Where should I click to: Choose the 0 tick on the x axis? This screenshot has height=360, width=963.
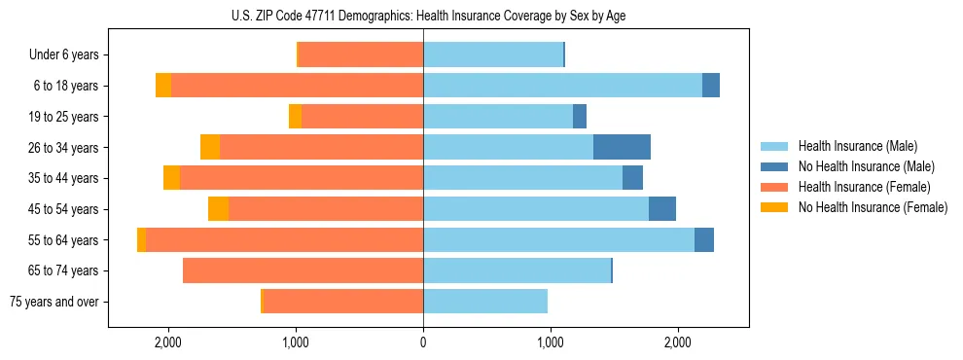pyautogui.click(x=423, y=342)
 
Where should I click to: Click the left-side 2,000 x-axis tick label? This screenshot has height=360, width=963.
pyautogui.click(x=168, y=342)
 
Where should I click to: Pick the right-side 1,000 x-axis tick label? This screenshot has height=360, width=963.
pyautogui.click(x=551, y=342)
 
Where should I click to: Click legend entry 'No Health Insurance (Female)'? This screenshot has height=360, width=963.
pyautogui.click(x=873, y=207)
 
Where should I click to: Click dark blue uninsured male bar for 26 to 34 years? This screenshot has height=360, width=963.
pyautogui.click(x=622, y=148)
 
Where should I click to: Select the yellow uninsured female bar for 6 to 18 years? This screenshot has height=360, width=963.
pyautogui.click(x=163, y=86)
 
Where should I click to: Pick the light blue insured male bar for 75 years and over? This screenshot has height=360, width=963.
pyautogui.click(x=485, y=302)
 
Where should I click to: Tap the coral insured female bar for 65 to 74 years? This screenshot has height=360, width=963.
pyautogui.click(x=303, y=270)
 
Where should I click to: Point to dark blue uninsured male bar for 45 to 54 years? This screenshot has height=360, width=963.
pyautogui.click(x=662, y=209)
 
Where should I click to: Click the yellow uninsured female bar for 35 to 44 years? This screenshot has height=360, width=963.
pyautogui.click(x=171, y=178)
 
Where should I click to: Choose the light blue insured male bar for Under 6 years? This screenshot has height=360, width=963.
pyautogui.click(x=493, y=55)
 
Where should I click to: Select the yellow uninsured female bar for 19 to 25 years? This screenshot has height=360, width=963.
pyautogui.click(x=295, y=117)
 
